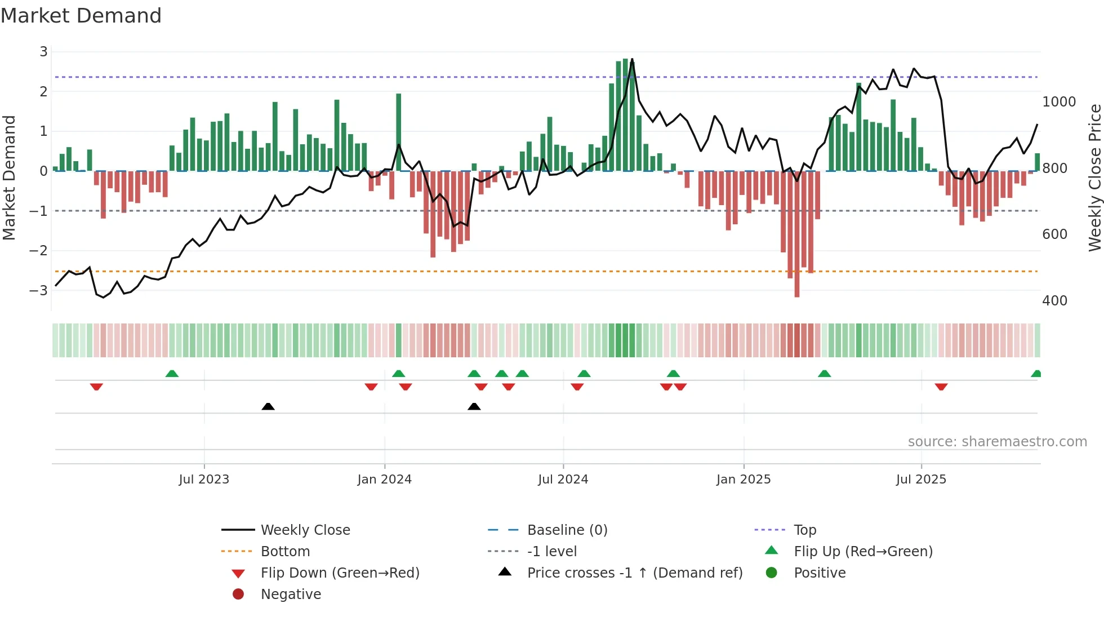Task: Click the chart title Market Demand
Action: coord(81,16)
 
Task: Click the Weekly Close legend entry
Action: coord(305,530)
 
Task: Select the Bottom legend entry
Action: coord(285,551)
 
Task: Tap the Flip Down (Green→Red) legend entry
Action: coord(340,573)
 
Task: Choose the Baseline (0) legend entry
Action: coord(567,530)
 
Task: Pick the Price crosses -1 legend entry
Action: coord(634,573)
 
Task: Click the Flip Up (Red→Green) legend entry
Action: coord(863,551)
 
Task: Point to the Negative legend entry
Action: coord(291,594)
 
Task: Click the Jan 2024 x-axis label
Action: coord(384,480)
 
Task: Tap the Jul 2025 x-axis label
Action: coord(921,480)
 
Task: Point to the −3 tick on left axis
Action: coord(39,291)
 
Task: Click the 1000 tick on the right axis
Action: coord(1059,102)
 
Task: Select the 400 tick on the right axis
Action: coord(1054,301)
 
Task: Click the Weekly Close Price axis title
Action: coord(1094,178)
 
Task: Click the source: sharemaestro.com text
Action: coord(997,442)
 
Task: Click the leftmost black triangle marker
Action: coord(268,406)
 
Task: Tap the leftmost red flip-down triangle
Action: coord(96,387)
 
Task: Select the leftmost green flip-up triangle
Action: coord(172,374)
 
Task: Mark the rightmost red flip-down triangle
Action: coord(941,387)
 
